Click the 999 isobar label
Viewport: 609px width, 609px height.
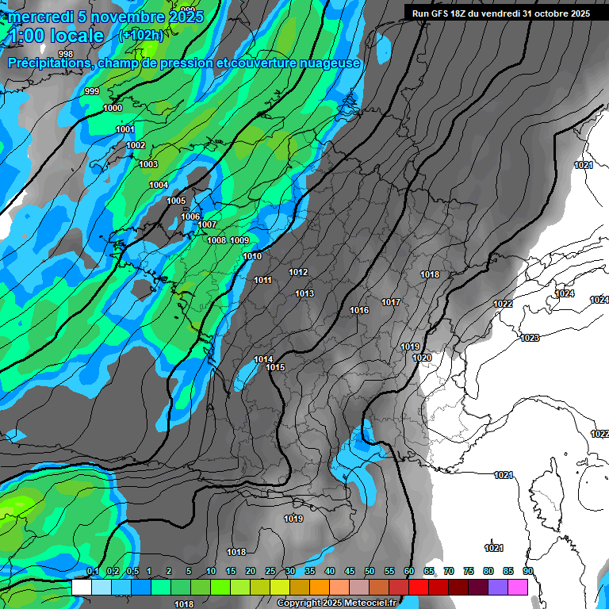(92, 92)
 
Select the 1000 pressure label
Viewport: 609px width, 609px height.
(113, 108)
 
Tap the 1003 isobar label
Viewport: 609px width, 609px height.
(148, 164)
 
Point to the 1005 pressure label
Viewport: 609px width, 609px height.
(176, 201)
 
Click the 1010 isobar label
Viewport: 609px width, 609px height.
(252, 256)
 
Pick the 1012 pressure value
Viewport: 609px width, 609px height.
(298, 272)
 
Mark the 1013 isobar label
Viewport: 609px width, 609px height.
(304, 293)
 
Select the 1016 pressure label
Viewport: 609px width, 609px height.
(359, 310)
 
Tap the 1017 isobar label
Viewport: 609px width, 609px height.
(390, 302)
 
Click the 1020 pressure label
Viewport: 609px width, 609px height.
(422, 358)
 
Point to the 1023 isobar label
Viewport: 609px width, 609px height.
(530, 338)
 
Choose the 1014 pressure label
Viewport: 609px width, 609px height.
(263, 359)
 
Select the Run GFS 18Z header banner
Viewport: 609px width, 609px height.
(500, 13)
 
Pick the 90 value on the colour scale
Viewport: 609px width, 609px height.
(527, 571)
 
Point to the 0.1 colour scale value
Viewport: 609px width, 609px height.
(93, 571)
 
